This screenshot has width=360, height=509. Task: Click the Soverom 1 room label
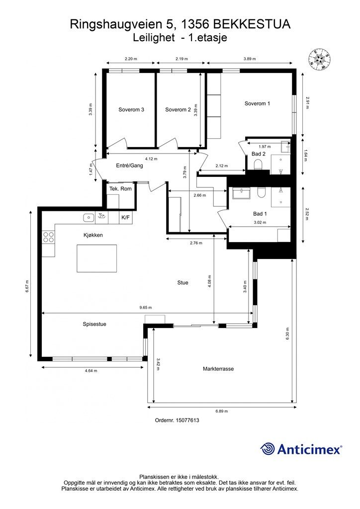pyautogui.click(x=257, y=103)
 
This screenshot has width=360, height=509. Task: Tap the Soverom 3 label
pyautogui.click(x=131, y=110)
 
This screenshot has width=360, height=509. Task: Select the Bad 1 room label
pyautogui.click(x=260, y=214)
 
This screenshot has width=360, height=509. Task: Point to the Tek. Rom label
pyautogui.click(x=120, y=188)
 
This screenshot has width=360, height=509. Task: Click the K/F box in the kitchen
pyautogui.click(x=126, y=218)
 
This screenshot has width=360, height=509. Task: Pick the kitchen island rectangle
pyautogui.click(x=97, y=258)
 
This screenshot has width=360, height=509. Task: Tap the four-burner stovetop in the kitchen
pyautogui.click(x=48, y=237)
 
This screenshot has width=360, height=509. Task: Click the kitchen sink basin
pyautogui.click(x=89, y=218)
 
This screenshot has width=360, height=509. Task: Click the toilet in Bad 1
pyautogui.click(x=261, y=192)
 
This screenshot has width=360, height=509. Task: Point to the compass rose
pyautogui.click(x=320, y=59)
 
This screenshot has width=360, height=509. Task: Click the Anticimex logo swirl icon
pyautogui.click(x=267, y=449)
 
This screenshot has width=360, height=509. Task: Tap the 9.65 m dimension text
pyautogui.click(x=145, y=307)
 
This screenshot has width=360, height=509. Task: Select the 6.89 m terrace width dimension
pyautogui.click(x=222, y=411)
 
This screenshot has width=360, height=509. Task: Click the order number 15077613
pyautogui.click(x=187, y=420)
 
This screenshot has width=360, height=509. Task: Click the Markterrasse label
pyautogui.click(x=218, y=369)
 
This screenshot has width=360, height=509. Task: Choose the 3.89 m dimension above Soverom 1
pyautogui.click(x=250, y=59)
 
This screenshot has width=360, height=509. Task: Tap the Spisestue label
pyautogui.click(x=94, y=324)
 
